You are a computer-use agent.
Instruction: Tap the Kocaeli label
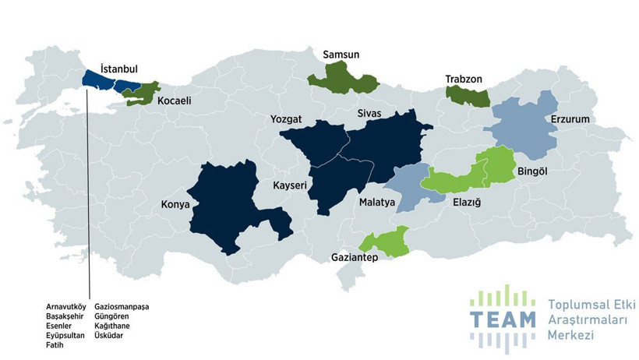174,101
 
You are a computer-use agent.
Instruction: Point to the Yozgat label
284,120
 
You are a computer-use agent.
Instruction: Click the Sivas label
368,114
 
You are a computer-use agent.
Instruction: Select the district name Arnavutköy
66,307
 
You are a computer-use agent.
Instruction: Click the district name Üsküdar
110,336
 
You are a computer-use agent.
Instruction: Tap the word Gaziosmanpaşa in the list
122,307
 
